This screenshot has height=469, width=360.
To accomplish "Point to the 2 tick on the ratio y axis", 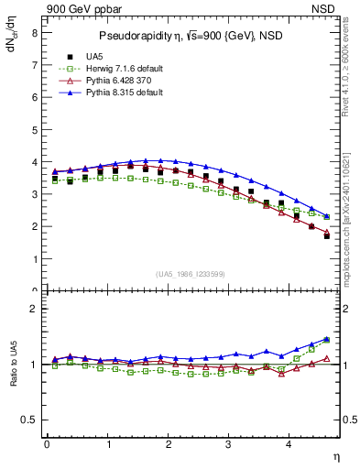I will coord(34,309).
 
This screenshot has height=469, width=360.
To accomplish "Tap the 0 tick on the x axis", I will coord(47,445).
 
